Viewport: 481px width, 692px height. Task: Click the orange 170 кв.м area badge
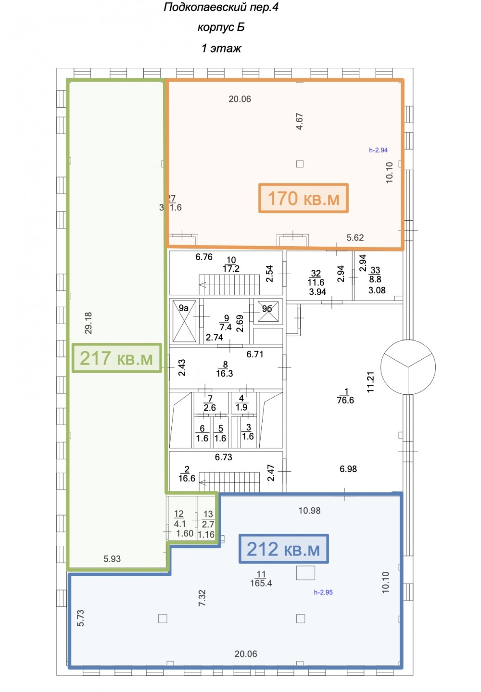tap(304, 198)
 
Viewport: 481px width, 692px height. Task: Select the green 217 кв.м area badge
tap(117, 358)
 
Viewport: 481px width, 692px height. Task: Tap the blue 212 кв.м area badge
tap(283, 549)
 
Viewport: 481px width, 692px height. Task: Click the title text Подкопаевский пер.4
tap(221, 7)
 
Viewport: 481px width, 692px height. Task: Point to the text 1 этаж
tap(221, 48)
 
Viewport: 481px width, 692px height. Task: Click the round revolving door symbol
tap(408, 367)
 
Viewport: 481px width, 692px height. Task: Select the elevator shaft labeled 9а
tap(184, 321)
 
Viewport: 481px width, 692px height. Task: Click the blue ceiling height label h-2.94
tap(378, 150)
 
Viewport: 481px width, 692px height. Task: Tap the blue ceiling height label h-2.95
tap(323, 592)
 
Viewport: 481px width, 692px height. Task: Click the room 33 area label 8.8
tap(375, 279)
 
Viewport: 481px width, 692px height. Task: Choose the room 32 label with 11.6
tap(316, 278)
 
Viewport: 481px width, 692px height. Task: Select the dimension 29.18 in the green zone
tap(89, 323)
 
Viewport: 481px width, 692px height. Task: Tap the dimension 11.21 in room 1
tap(370, 382)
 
